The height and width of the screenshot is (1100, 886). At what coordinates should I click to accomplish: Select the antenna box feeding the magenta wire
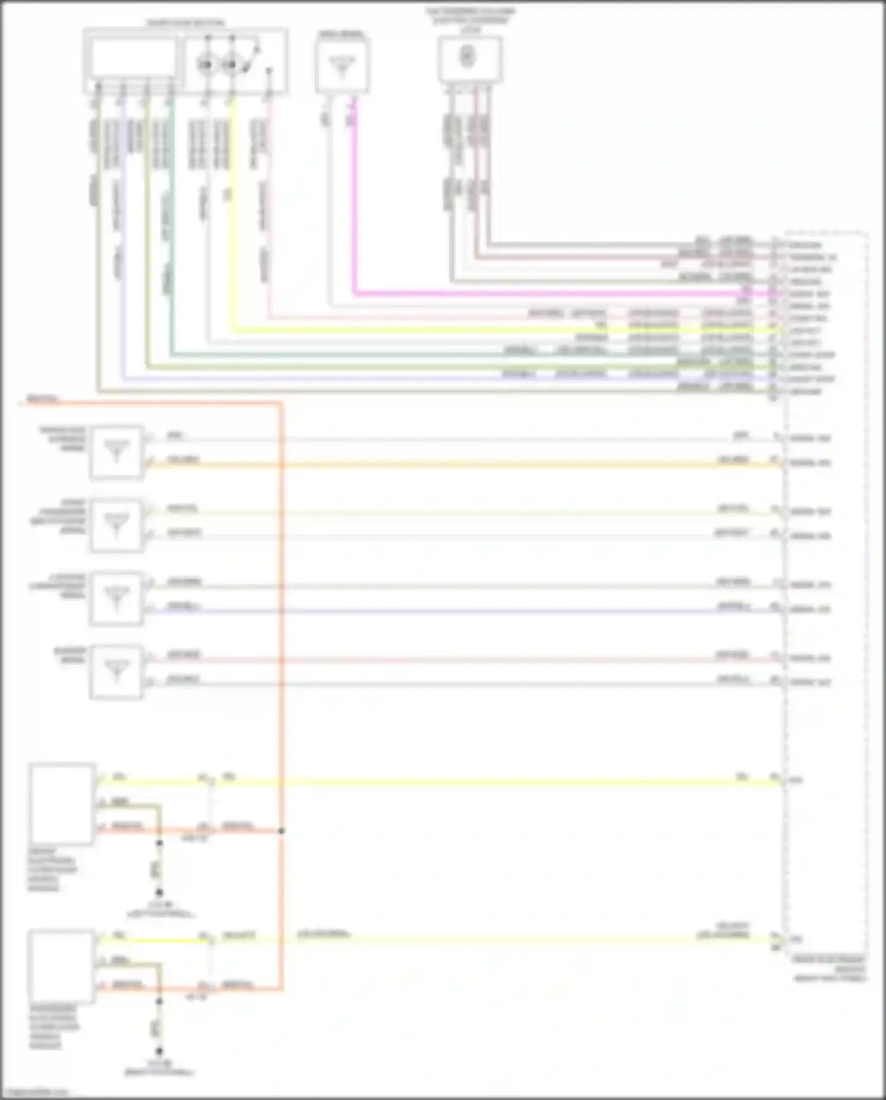pos(342,64)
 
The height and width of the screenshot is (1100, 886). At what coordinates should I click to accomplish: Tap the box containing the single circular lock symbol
pos(470,59)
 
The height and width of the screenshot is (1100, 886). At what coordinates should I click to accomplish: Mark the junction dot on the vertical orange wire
pos(281,831)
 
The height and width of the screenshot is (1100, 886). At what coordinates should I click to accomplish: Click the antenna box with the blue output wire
pos(116,598)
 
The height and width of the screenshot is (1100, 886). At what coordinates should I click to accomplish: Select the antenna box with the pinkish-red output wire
pos(116,671)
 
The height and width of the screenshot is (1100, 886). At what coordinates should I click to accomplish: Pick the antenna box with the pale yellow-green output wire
pos(116,525)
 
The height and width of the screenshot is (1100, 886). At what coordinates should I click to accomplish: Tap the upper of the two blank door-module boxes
pos(62,804)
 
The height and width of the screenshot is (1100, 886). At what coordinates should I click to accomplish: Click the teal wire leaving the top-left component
pos(171,236)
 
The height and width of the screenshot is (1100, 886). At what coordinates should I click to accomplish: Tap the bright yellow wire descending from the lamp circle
pos(232,236)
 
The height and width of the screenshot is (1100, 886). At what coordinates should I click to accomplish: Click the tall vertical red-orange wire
pos(281,591)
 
